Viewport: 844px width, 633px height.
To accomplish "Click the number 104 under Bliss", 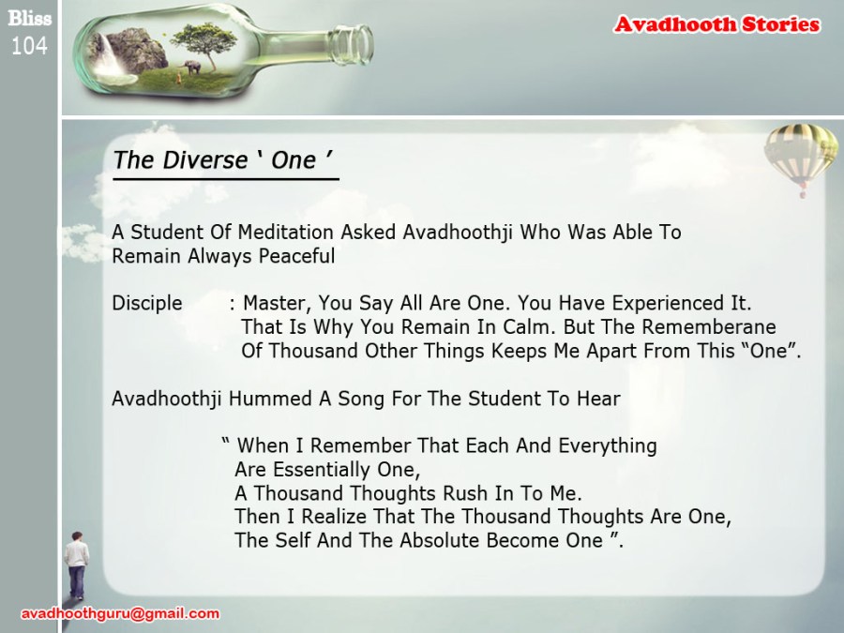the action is pyautogui.click(x=29, y=46).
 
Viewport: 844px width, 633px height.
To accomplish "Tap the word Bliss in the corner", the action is pyautogui.click(x=29, y=19).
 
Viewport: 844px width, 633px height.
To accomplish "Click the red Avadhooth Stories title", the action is pyautogui.click(x=717, y=24).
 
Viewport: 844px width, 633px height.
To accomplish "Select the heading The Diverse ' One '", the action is pyautogui.click(x=222, y=159).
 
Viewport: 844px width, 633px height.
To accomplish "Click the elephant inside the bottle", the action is pyautogui.click(x=190, y=67).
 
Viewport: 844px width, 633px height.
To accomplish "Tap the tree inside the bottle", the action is pyautogui.click(x=204, y=44).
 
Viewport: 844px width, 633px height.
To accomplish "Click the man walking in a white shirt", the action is pyautogui.click(x=77, y=565).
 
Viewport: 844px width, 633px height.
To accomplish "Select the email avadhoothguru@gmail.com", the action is pyautogui.click(x=120, y=613).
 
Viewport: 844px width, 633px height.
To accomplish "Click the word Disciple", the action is pyautogui.click(x=147, y=303).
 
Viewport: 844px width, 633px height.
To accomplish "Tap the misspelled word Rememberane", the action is pyautogui.click(x=709, y=326).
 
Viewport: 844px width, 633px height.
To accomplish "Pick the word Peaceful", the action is pyautogui.click(x=296, y=256).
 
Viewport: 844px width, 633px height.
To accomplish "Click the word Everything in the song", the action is pyautogui.click(x=608, y=446).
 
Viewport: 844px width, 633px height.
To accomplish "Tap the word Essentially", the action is pyautogui.click(x=321, y=470).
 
